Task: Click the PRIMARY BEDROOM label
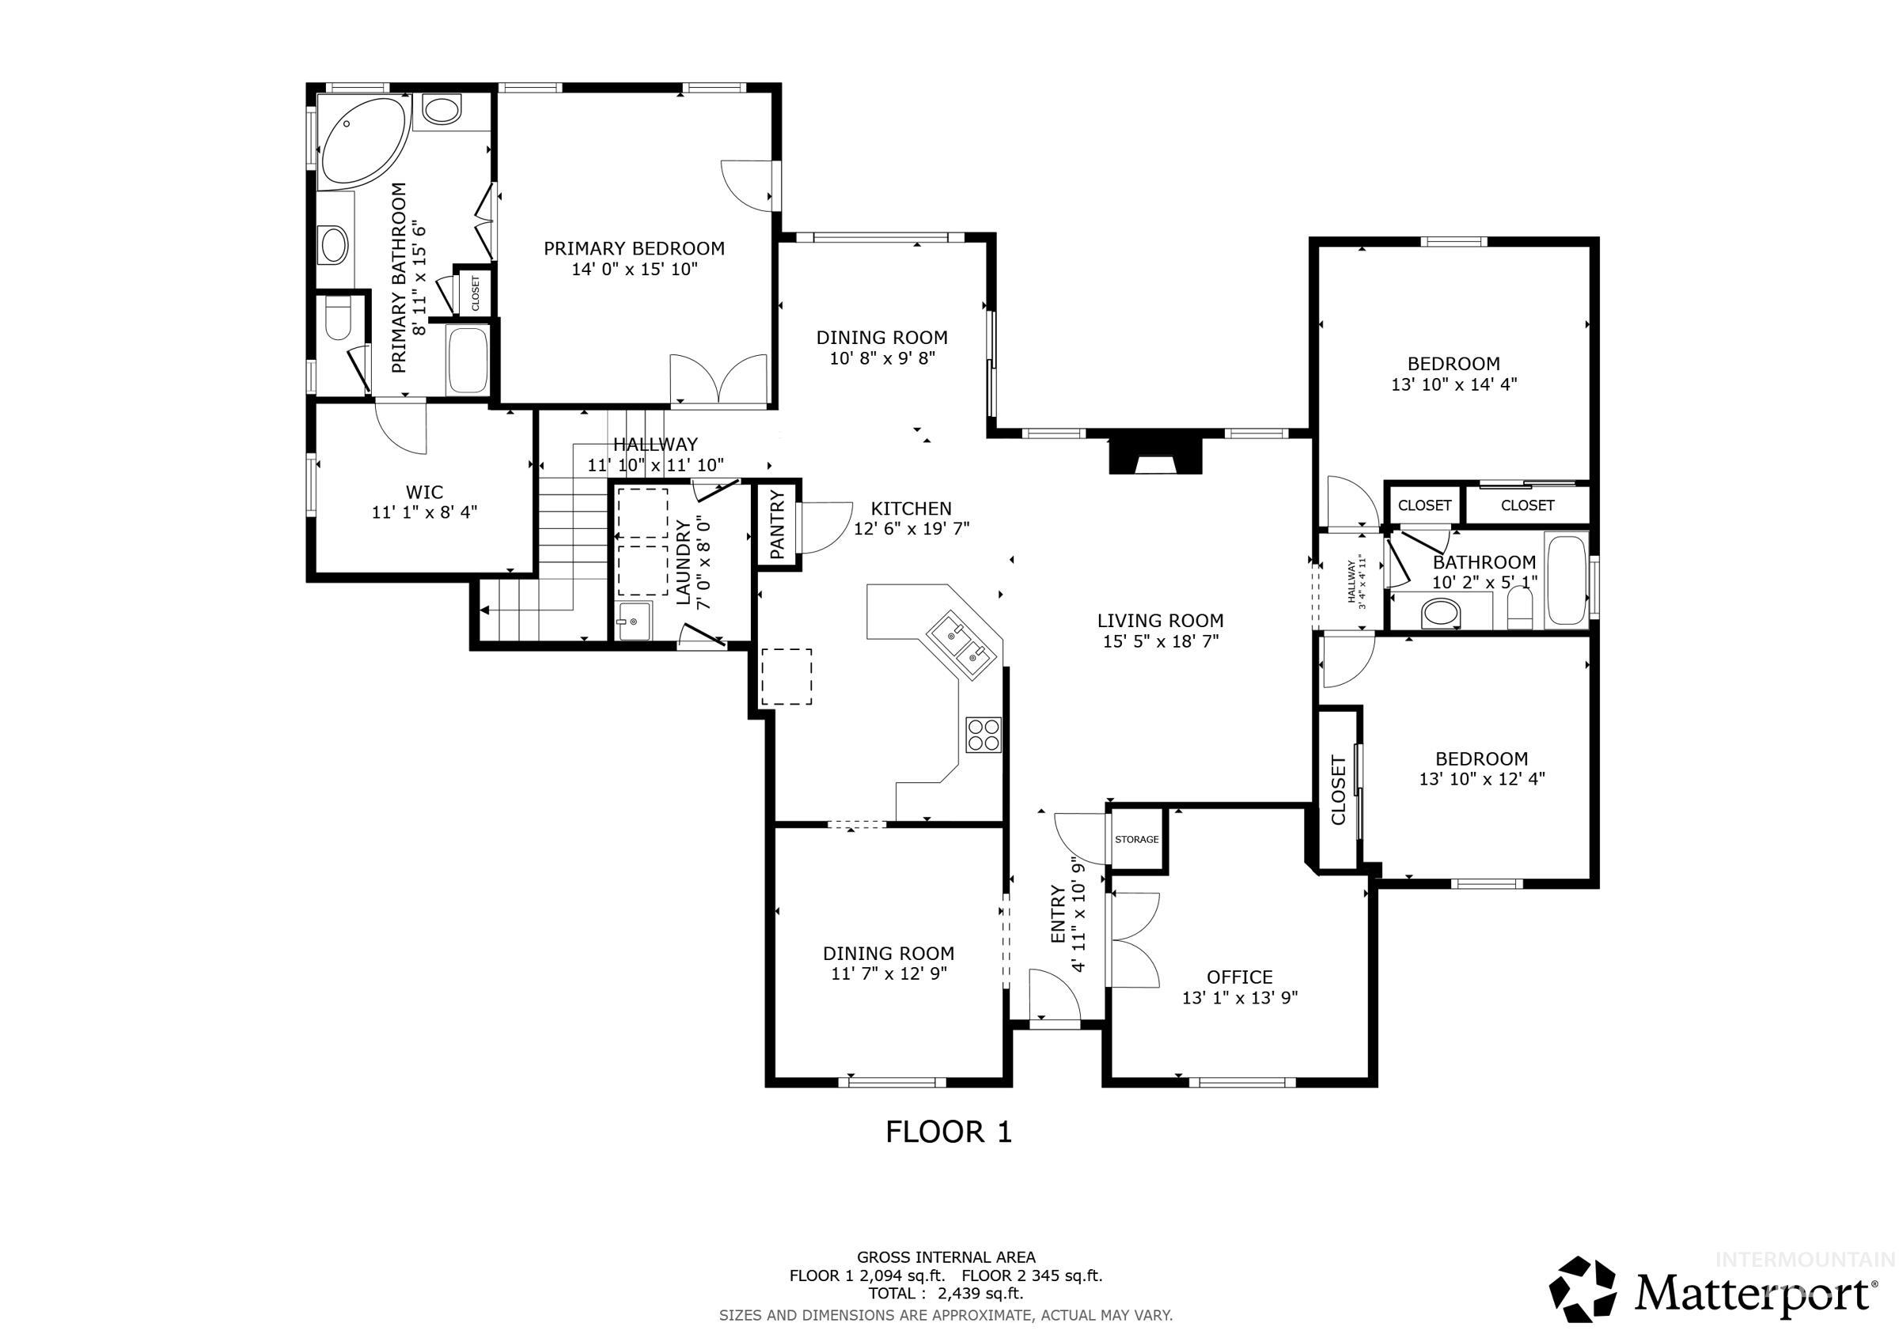coord(634,248)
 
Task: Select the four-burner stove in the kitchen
coord(984,734)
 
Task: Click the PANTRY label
coord(778,525)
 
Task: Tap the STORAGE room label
coord(1136,839)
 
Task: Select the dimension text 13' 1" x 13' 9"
coord(1239,998)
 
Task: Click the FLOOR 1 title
coord(948,1132)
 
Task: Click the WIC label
coord(424,493)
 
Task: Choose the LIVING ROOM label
coord(1160,621)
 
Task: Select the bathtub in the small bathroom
coord(1565,580)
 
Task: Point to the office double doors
coord(1135,939)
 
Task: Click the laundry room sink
coord(634,621)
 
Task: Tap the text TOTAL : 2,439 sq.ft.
coord(946,1293)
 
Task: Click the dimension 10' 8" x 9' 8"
coord(881,358)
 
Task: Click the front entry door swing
coord(1054,996)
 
